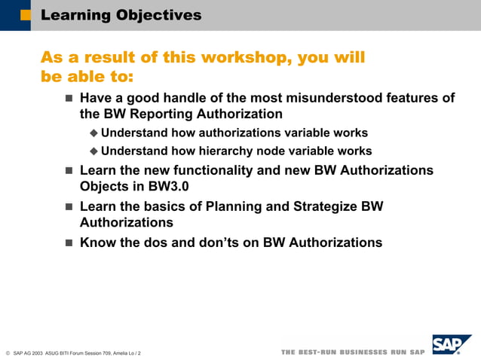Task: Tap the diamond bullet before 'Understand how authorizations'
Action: pos(94,133)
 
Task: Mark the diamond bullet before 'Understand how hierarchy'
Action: pos(94,151)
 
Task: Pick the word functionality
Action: pos(201,170)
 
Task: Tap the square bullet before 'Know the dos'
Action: pos(69,243)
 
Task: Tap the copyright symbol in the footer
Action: pos(7,352)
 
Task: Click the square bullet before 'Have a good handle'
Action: pos(69,98)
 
